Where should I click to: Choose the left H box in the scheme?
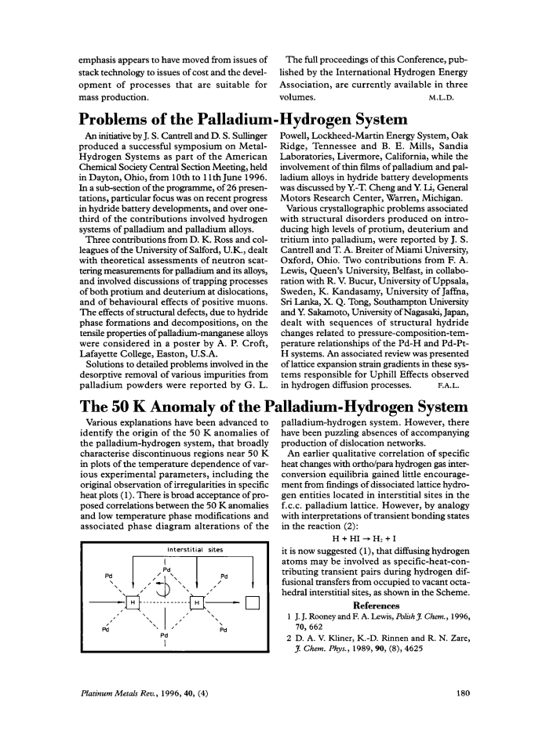click(x=133, y=601)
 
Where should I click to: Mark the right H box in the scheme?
click(x=197, y=601)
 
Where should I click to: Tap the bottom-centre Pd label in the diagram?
click(x=165, y=635)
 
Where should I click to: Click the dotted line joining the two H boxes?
click(x=165, y=601)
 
